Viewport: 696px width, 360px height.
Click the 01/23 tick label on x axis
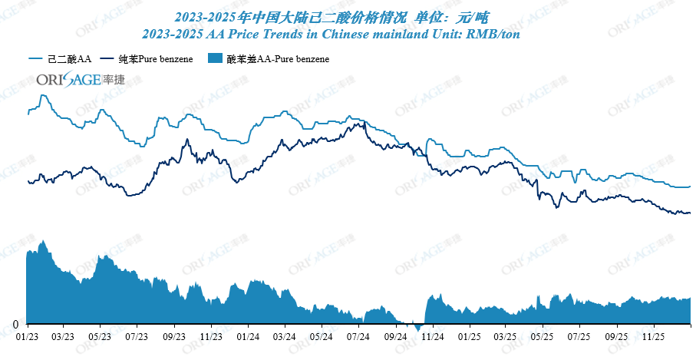[x=27, y=336]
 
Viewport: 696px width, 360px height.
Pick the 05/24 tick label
[x=322, y=336]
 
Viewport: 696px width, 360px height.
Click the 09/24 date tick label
[x=395, y=336]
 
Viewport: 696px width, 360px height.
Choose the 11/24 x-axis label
[x=432, y=336]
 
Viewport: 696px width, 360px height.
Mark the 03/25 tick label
[x=505, y=336]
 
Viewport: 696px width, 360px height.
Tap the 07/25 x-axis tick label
[x=579, y=336]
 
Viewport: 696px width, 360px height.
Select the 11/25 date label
[x=652, y=336]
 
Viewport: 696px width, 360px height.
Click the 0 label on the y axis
[x=15, y=323]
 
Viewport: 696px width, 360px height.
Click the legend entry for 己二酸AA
[x=61, y=59]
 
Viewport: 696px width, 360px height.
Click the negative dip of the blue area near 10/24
[x=418, y=328]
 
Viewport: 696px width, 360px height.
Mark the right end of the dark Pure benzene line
[x=690, y=213]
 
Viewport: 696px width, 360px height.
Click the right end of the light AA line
[x=690, y=187]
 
